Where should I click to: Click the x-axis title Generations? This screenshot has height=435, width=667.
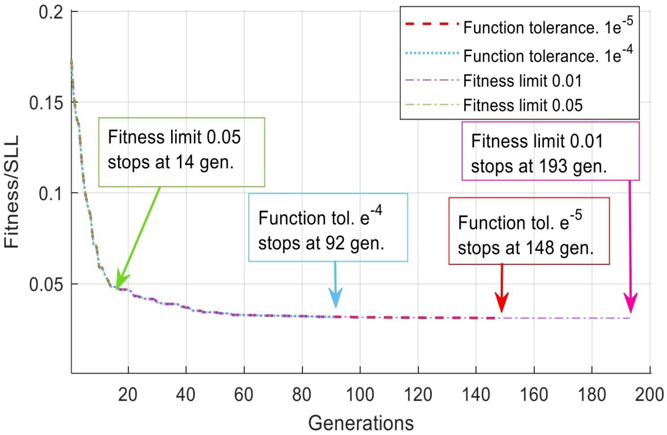(361, 423)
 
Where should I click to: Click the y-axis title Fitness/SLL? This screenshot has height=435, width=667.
(12, 192)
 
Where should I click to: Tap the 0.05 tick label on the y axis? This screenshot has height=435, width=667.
(46, 285)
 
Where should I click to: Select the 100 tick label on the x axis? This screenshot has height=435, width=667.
(360, 395)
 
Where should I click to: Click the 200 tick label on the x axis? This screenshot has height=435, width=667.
(649, 395)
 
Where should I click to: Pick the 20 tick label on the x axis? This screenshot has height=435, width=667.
(128, 395)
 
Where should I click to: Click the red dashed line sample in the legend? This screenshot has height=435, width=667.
(432, 24)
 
